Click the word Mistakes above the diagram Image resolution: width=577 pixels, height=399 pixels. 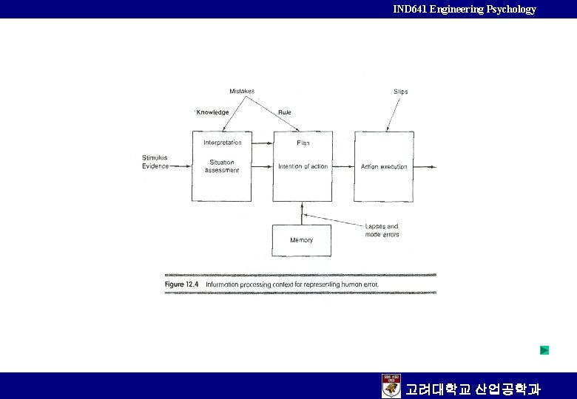(242, 92)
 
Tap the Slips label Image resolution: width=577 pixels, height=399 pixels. (400, 92)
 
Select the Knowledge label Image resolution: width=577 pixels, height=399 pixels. (212, 112)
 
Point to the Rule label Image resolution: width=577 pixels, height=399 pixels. (285, 112)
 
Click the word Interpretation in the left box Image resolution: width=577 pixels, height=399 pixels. (223, 143)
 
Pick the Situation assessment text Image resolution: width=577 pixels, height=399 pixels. (222, 166)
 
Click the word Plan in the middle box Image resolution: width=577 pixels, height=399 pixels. (303, 143)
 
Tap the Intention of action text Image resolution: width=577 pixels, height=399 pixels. (303, 166)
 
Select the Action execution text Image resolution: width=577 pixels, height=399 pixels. (384, 167)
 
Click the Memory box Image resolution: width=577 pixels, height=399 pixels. (302, 240)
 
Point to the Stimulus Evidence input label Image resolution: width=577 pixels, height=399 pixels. (155, 162)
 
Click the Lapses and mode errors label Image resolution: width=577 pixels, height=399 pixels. (382, 231)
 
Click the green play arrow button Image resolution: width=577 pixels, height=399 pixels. (544, 349)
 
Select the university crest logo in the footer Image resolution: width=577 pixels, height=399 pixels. (391, 386)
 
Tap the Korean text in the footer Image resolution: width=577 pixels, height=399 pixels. (473, 388)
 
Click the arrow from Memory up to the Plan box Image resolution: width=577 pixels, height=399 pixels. (303, 213)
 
